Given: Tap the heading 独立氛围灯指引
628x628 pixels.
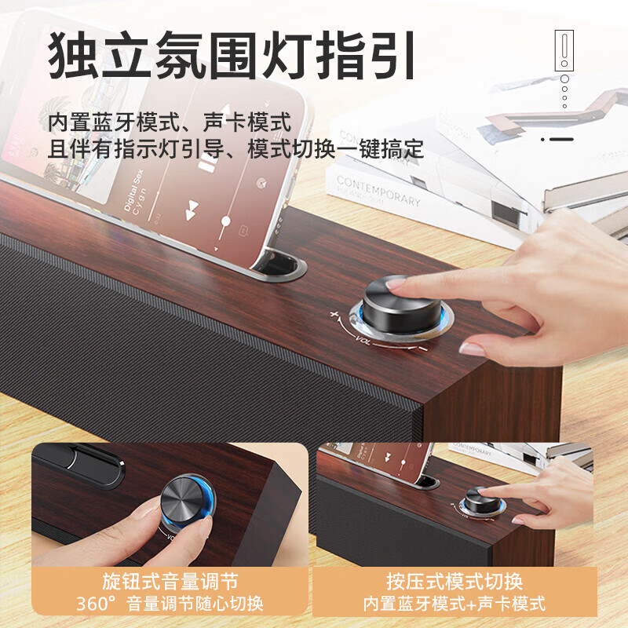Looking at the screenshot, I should pos(231,55).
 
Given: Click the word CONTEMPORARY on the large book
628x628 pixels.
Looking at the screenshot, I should pos(378,190).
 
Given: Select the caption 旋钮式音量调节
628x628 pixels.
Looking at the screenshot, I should pos(170,582).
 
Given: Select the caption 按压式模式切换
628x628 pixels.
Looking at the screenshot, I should pos(455,582).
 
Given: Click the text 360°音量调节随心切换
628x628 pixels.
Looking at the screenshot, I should pos(170,604).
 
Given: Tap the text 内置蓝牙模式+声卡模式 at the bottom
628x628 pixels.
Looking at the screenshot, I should pos(455,604).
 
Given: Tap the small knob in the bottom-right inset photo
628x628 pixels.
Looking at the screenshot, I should pos(478,500).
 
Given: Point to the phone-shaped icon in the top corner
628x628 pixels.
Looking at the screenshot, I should pos(564,51).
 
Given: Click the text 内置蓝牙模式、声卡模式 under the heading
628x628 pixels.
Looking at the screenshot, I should pos(170,122).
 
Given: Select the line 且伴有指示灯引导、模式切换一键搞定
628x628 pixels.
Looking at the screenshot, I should pos(235,148).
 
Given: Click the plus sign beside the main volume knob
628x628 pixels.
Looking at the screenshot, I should pos(334,316).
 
